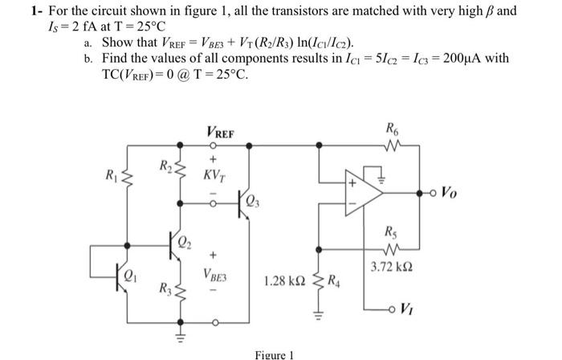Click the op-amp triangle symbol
[x=360, y=190]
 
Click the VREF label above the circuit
[x=221, y=131]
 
